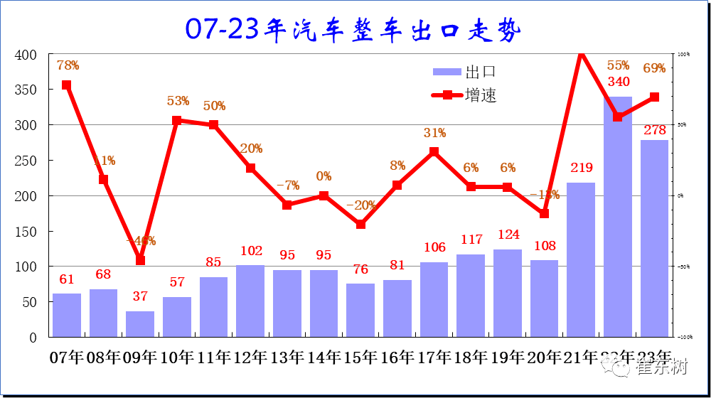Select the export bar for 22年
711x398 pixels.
617,216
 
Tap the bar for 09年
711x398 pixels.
140,324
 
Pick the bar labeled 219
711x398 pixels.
581,259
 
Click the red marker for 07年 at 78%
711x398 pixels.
66,85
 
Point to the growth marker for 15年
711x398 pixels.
360,224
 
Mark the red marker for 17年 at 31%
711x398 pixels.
434,152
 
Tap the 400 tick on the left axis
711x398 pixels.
26,55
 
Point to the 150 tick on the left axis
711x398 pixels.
26,232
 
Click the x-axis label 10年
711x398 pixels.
178,357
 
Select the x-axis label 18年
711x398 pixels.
471,357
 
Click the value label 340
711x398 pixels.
618,82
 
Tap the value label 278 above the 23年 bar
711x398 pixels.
654,130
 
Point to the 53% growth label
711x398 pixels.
178,101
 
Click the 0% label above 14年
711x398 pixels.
324,176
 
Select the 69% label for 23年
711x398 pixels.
654,68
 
